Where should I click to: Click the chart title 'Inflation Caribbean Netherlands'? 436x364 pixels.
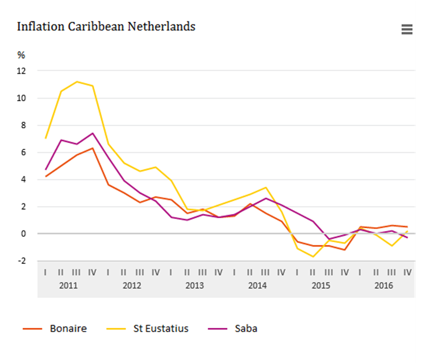tap(106, 27)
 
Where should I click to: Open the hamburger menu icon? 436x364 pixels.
tap(407, 30)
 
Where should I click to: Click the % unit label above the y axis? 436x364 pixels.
tap(21, 55)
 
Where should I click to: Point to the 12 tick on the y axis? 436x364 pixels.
tap(21, 71)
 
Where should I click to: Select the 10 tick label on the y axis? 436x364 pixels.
tap(21, 98)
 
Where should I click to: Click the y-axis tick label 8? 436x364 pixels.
tap(23, 125)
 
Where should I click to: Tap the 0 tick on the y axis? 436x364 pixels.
tap(23, 234)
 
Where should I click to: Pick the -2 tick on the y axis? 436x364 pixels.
tap(21, 261)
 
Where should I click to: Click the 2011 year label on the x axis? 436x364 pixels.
tap(68, 286)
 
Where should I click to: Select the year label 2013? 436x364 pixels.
tap(194, 286)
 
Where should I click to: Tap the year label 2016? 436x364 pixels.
tap(384, 286)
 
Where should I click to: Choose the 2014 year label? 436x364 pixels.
tap(258, 286)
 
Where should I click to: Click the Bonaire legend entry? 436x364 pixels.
tap(55, 328)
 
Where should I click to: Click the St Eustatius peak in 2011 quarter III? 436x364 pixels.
tap(77, 81)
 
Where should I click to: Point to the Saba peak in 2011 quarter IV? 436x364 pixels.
tap(93, 133)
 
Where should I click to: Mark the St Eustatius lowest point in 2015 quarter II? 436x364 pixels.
tap(314, 257)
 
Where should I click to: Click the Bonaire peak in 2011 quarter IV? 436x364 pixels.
tap(93, 148)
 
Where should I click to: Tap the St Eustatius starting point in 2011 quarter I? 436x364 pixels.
tap(45, 138)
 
